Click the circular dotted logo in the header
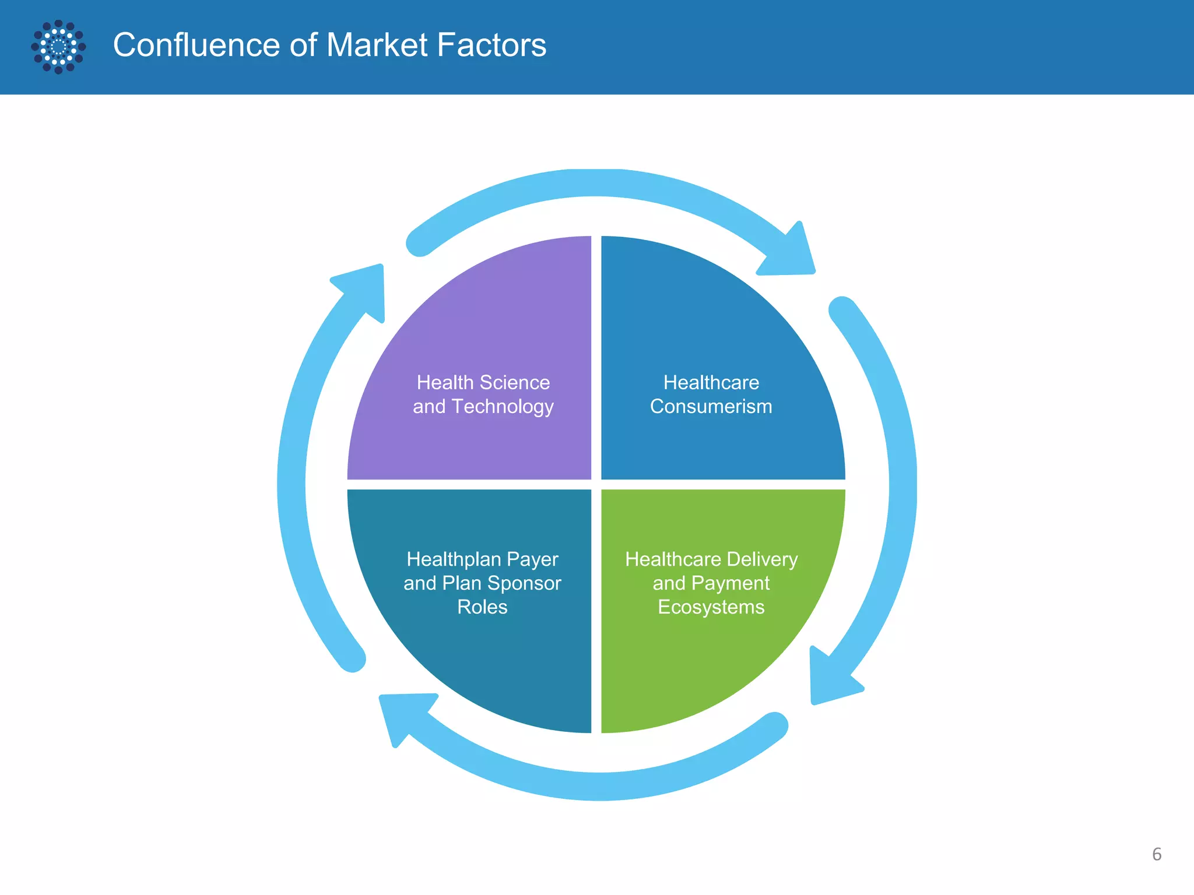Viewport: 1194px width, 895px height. tap(58, 47)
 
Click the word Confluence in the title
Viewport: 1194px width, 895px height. tap(196, 45)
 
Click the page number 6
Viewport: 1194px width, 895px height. tap(1157, 854)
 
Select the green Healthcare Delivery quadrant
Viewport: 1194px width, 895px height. tap(717, 658)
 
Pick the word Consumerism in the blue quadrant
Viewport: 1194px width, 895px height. tap(711, 407)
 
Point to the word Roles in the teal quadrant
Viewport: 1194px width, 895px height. tap(482, 607)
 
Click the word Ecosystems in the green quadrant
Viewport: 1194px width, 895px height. tap(711, 607)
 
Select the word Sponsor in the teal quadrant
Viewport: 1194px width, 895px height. tap(524, 583)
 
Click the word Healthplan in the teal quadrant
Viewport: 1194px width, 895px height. tap(454, 559)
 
